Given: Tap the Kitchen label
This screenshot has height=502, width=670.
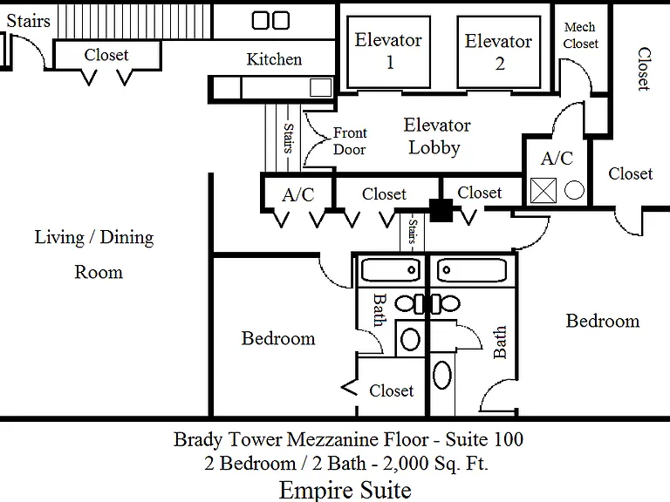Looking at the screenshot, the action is (x=274, y=59).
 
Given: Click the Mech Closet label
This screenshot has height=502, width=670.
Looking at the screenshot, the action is (x=580, y=36).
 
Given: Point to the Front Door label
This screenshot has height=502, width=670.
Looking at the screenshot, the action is (x=350, y=141).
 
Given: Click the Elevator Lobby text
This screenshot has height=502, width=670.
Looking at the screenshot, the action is (x=436, y=136).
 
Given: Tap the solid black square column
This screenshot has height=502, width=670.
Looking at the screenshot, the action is (x=441, y=210).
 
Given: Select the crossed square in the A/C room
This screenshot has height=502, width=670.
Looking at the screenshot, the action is (x=544, y=190).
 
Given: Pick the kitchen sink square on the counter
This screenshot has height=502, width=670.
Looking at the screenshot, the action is (x=320, y=88).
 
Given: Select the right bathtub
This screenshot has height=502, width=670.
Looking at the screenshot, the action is (x=472, y=270).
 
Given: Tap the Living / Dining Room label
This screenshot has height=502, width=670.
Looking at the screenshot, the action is (x=95, y=254).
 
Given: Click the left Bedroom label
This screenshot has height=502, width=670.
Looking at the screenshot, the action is (x=278, y=338).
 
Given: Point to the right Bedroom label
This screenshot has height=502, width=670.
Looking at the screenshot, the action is (x=603, y=321).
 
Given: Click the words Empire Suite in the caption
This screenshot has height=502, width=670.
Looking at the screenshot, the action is (x=345, y=490).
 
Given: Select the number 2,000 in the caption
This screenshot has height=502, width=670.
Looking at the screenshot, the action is (x=405, y=463).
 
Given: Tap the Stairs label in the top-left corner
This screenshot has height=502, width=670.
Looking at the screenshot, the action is (x=28, y=21).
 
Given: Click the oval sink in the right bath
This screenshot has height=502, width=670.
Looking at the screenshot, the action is (x=441, y=376).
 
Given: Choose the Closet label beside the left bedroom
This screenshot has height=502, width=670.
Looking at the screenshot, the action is (x=392, y=390).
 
